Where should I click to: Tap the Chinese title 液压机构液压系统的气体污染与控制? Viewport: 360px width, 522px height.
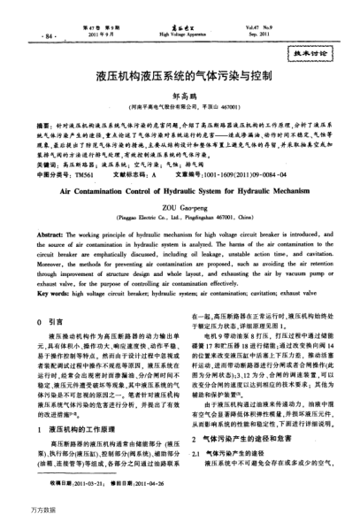[180, 78]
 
